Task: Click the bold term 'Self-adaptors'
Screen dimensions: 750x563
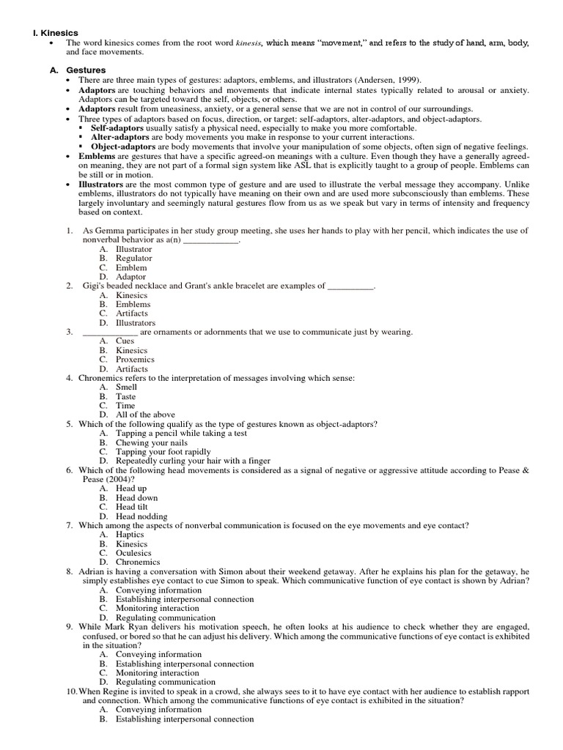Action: [x=117, y=127]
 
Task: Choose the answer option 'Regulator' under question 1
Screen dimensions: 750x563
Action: [x=134, y=258]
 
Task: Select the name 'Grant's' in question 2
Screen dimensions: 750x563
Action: [x=203, y=286]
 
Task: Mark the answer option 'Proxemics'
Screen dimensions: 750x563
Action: [x=136, y=360]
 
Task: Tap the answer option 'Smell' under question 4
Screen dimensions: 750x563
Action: [x=127, y=387]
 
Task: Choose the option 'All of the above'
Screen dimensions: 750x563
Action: [x=145, y=415]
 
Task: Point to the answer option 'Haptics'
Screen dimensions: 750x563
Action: [x=130, y=535]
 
